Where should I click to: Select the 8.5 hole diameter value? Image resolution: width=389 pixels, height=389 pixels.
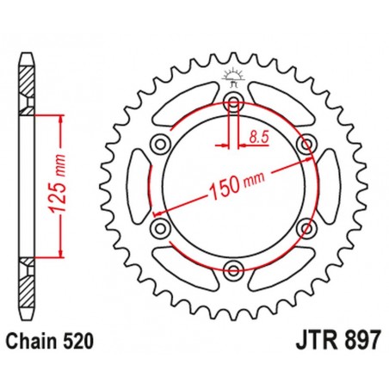258,135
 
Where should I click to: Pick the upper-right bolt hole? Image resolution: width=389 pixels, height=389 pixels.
306,145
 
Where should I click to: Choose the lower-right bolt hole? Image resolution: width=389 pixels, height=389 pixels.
306,229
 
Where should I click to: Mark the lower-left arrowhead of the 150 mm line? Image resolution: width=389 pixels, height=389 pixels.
157,213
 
